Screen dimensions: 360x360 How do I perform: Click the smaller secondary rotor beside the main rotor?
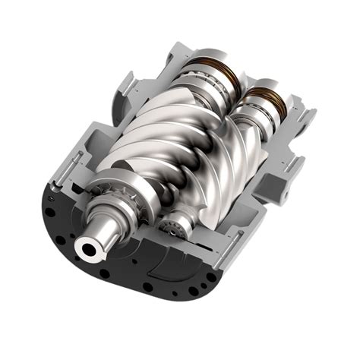point(228,182)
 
